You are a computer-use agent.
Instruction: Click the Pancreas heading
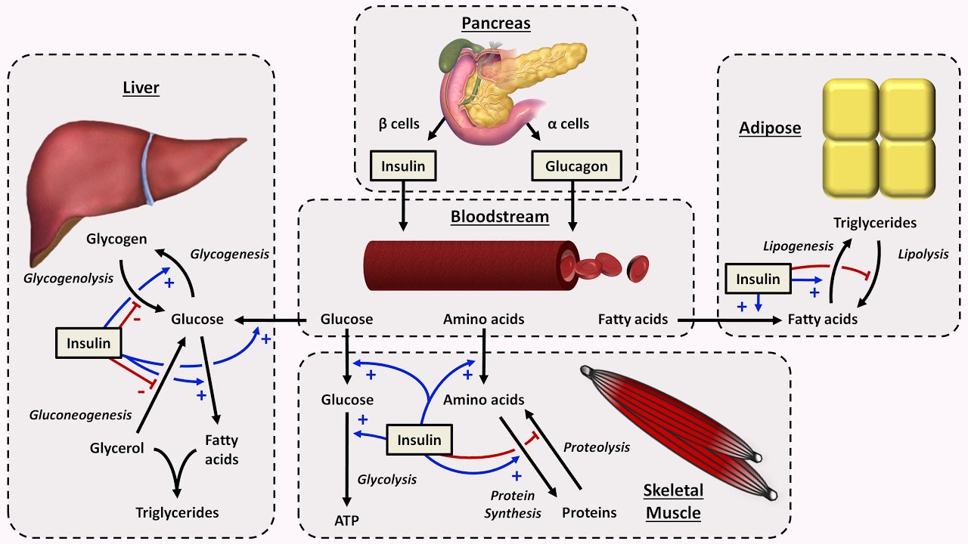tap(496, 23)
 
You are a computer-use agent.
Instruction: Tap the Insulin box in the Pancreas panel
tap(403, 166)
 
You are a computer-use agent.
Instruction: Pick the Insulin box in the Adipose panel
tap(758, 279)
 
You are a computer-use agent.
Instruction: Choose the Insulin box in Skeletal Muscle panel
tap(419, 440)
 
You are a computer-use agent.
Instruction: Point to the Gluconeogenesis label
tap(80, 415)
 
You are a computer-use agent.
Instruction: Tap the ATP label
tap(346, 520)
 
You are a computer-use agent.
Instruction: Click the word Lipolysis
tap(923, 255)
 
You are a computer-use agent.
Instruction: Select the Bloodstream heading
tap(499, 217)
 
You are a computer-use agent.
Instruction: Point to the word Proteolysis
tap(596, 447)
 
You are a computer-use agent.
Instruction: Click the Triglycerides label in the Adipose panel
tap(875, 223)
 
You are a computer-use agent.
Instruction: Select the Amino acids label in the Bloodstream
tap(483, 320)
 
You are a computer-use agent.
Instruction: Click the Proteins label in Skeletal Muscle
tap(589, 513)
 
